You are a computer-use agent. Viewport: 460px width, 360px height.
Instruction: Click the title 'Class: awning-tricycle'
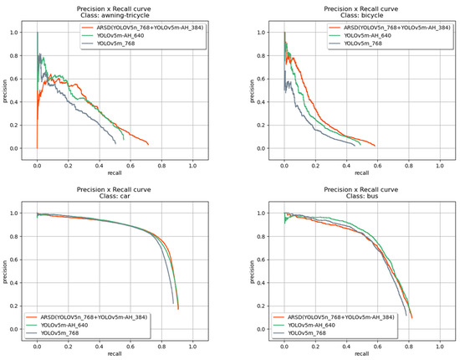tap(115, 15)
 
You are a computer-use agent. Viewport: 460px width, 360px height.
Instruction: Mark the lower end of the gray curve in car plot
tap(173, 303)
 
